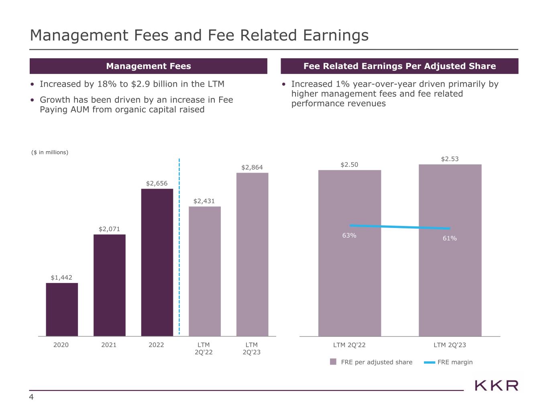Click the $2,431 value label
click(x=204, y=201)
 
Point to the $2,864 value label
click(x=252, y=167)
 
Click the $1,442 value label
click(x=61, y=277)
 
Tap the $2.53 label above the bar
click(x=450, y=159)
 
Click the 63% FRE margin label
click(x=349, y=235)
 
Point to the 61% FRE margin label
click(x=450, y=238)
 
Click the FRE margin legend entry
click(x=448, y=362)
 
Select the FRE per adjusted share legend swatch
click(x=333, y=362)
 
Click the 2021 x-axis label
click(x=109, y=345)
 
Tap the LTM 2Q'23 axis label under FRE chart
click(x=450, y=345)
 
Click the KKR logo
click(x=497, y=386)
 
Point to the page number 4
click(x=31, y=397)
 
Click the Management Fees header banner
click(x=148, y=66)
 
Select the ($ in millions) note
click(x=50, y=152)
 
